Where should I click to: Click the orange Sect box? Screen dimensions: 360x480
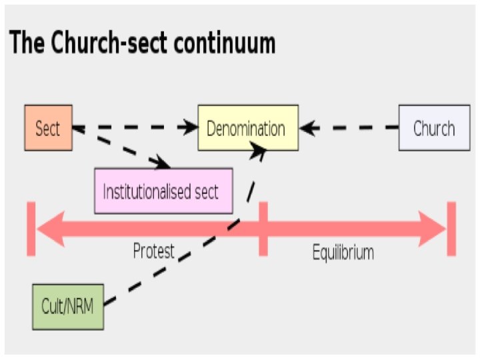tap(47, 128)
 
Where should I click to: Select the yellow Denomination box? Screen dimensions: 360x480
tap(247, 128)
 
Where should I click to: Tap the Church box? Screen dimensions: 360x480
tap(433, 128)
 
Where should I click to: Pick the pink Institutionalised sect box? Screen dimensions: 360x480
tap(163, 191)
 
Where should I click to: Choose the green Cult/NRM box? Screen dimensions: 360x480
tap(68, 307)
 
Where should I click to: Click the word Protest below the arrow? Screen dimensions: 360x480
tap(153, 251)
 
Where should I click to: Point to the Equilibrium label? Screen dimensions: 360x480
tap(343, 253)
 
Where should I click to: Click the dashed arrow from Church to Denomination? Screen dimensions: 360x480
tap(350, 127)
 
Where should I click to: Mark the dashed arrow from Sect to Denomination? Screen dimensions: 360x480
tap(137, 127)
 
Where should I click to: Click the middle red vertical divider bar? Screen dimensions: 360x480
tap(263, 229)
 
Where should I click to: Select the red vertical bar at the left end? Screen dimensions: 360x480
tap(31, 229)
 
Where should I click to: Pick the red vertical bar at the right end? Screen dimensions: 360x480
tap(451, 229)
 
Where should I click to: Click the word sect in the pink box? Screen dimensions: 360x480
tap(205, 191)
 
